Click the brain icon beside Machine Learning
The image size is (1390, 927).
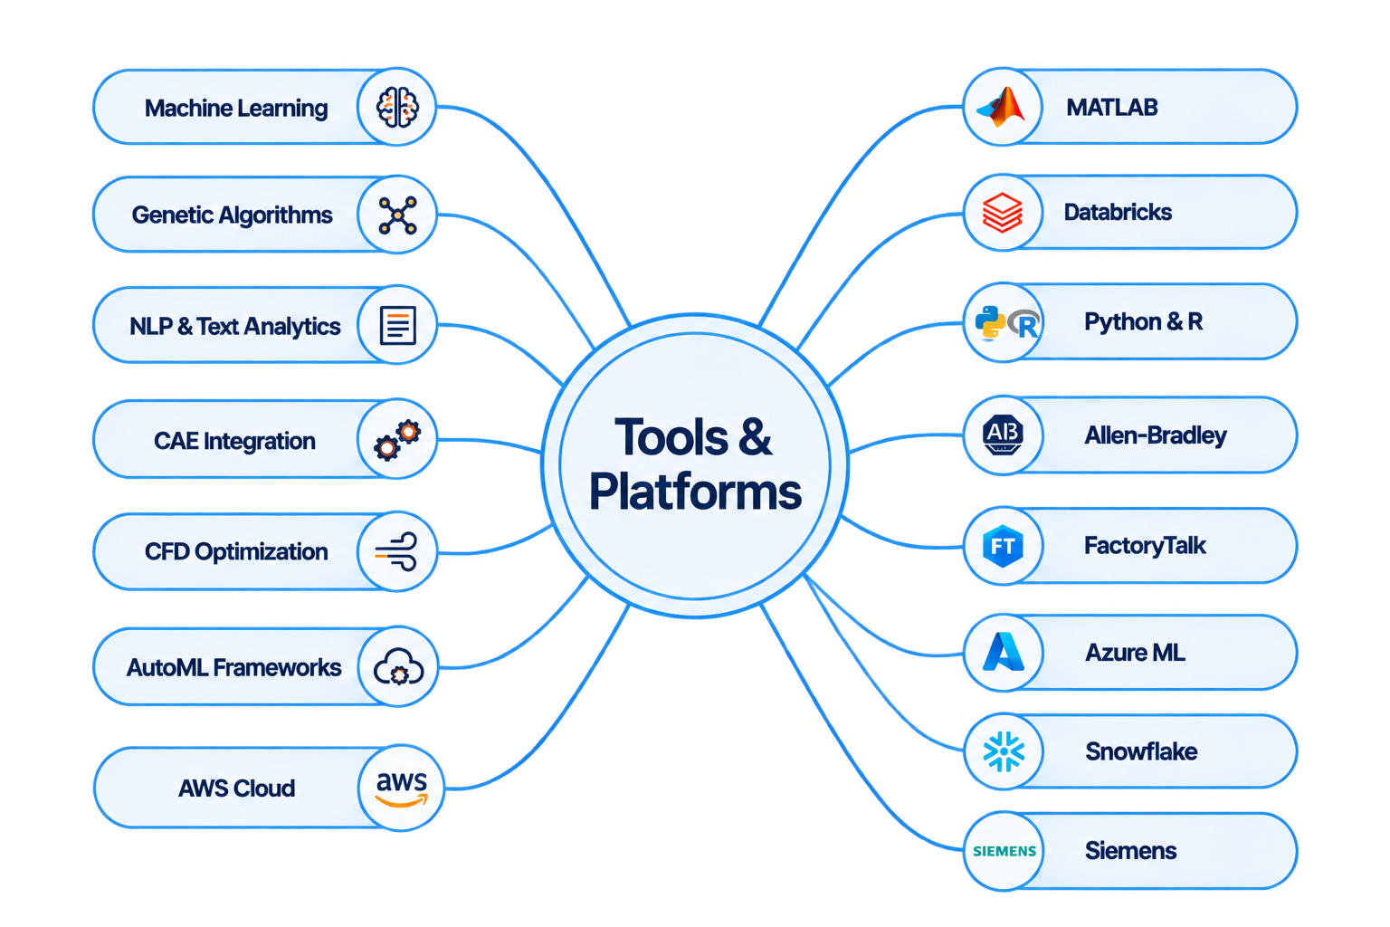pyautogui.click(x=397, y=108)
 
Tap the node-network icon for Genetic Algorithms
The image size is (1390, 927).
pyautogui.click(x=398, y=215)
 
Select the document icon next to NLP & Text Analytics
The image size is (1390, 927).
pyautogui.click(x=398, y=325)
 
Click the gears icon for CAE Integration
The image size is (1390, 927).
pyautogui.click(x=397, y=440)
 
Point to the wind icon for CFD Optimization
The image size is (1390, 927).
pyautogui.click(x=395, y=551)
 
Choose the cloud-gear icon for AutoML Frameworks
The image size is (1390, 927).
pyautogui.click(x=398, y=667)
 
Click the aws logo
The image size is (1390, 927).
pyautogui.click(x=402, y=788)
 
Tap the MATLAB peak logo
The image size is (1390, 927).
pyautogui.click(x=1001, y=107)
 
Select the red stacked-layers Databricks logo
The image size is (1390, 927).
pyautogui.click(x=1002, y=213)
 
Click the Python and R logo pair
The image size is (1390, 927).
pyautogui.click(x=1007, y=323)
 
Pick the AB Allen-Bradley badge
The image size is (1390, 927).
pyautogui.click(x=1003, y=435)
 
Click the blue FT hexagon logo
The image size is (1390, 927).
pyautogui.click(x=1003, y=546)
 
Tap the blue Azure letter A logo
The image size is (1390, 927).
pyautogui.click(x=1004, y=651)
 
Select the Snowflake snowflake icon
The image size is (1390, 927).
pyautogui.click(x=1004, y=751)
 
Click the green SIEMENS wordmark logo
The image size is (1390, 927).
pyautogui.click(x=1004, y=851)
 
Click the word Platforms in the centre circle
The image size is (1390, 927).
pyautogui.click(x=695, y=492)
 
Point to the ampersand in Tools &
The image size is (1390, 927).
pyautogui.click(x=756, y=436)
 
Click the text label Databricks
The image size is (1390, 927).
pyautogui.click(x=1118, y=213)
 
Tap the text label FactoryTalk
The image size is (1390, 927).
pyautogui.click(x=1145, y=546)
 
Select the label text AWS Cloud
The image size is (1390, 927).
pyautogui.click(x=236, y=788)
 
